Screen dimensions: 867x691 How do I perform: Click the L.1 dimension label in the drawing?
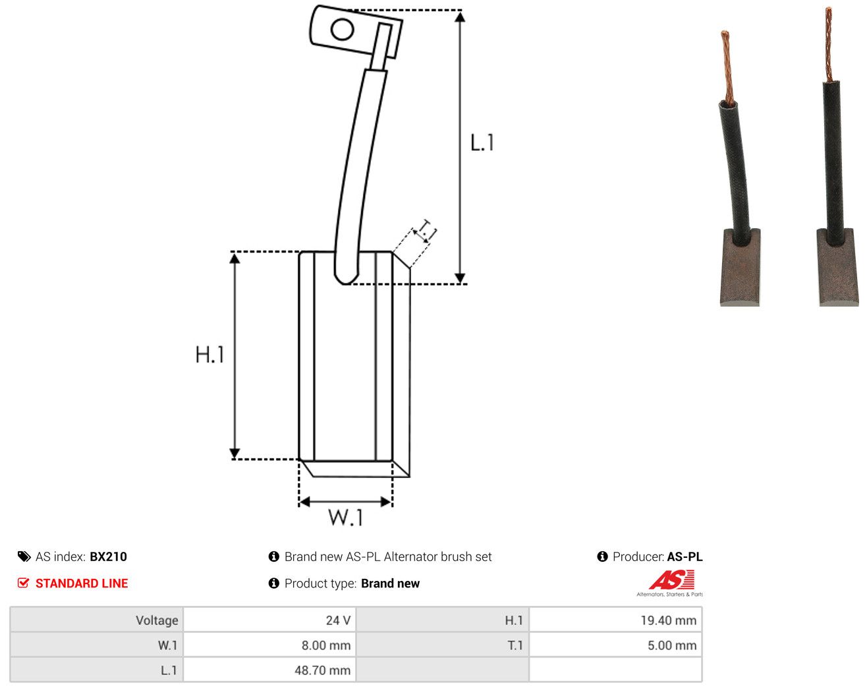point(482,142)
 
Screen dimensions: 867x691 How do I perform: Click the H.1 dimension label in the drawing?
point(210,354)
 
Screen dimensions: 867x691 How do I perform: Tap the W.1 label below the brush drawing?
point(346,517)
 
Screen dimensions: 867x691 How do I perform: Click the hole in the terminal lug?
point(342,30)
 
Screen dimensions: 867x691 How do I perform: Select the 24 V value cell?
point(269,620)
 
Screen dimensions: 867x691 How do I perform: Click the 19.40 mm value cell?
point(615,620)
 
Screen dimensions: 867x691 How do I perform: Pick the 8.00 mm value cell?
point(269,645)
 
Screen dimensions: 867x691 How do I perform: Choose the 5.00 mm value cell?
point(615,645)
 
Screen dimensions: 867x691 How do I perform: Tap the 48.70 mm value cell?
point(269,670)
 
